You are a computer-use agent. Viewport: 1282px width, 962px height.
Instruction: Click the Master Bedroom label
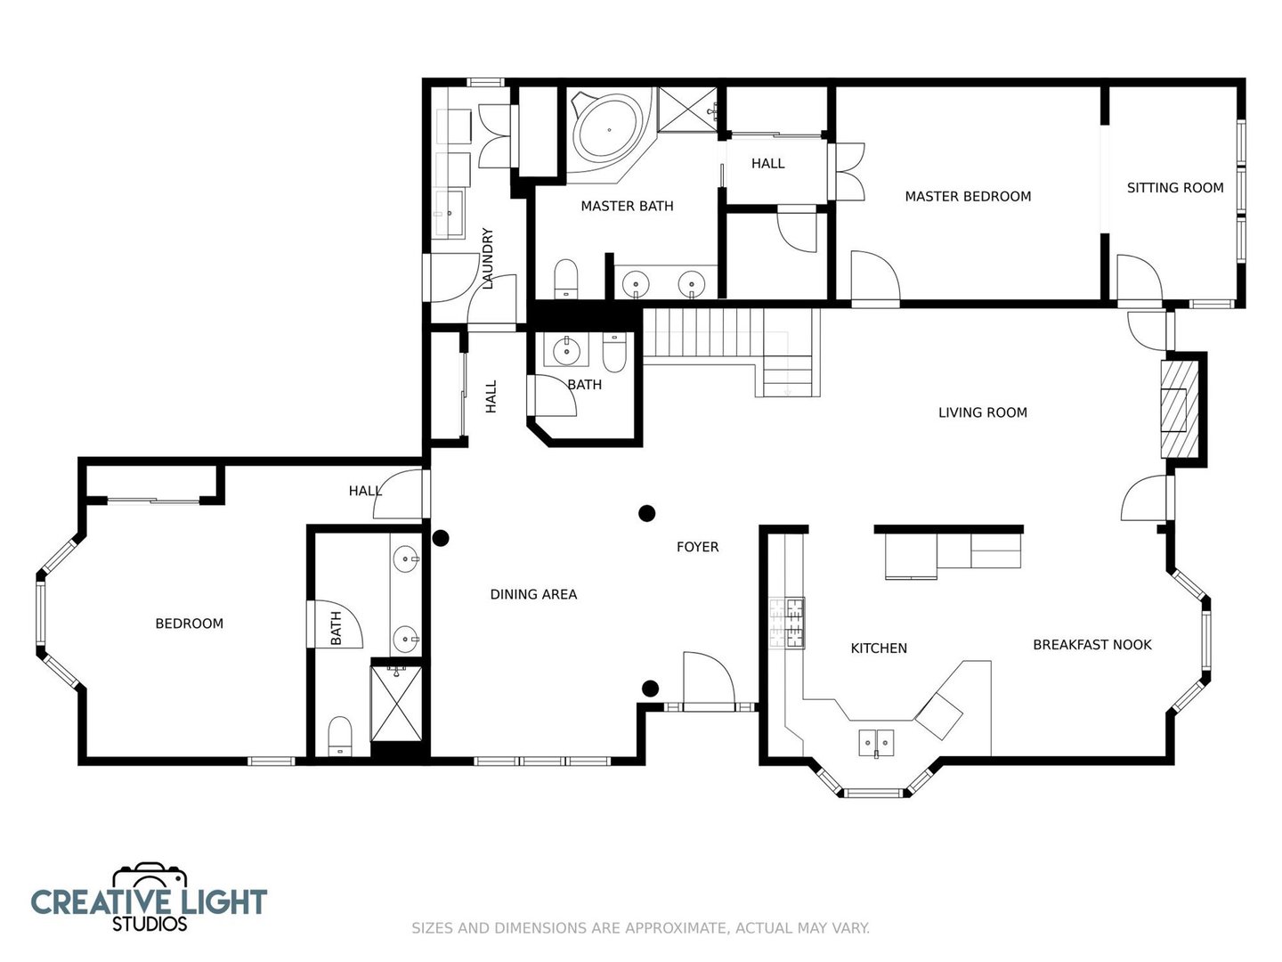(968, 196)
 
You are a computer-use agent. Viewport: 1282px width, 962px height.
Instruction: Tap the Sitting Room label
(1175, 187)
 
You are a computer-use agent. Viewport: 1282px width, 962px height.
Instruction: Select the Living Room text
(982, 412)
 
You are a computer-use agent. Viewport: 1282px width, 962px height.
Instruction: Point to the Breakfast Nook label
(1092, 644)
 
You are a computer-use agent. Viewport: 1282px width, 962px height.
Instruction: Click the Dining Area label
(533, 594)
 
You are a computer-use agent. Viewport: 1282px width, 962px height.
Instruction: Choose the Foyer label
(697, 547)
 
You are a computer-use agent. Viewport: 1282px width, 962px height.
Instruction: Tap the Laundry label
(488, 258)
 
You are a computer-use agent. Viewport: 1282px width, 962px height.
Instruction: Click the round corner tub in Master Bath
(610, 131)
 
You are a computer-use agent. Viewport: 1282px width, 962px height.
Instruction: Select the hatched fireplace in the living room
(1180, 409)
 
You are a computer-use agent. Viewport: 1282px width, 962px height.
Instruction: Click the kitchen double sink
(876, 742)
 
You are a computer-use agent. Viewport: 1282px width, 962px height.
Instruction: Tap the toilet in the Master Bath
(565, 279)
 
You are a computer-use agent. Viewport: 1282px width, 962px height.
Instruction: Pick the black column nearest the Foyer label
(646, 513)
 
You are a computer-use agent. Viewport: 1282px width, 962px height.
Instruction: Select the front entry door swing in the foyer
(709, 681)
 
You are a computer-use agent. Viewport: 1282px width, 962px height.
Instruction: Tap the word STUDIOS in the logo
(150, 924)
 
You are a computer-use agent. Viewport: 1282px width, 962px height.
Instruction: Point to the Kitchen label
(879, 648)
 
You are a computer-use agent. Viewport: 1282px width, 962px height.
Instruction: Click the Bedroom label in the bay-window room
(190, 624)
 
